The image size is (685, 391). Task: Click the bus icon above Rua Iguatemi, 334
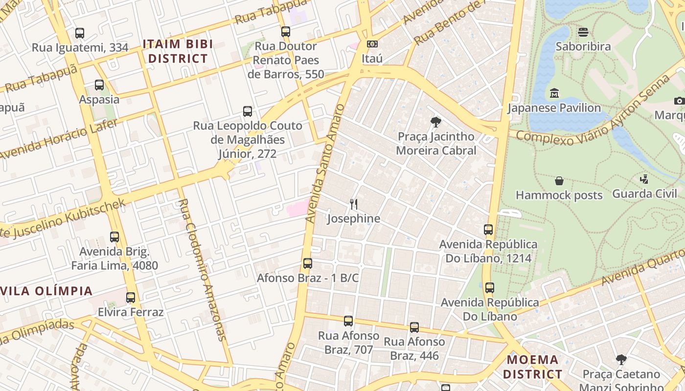[79, 33]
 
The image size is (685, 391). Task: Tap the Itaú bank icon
[372, 44]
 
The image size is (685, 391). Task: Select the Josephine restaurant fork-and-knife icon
[354, 204]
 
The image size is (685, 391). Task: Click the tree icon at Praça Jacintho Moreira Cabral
[435, 122]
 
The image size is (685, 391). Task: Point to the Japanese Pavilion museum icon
[554, 93]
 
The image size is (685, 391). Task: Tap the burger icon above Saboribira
[583, 32]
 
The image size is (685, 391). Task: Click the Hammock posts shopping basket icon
[559, 181]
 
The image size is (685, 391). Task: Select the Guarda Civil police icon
[644, 179]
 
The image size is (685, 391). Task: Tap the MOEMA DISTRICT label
[533, 367]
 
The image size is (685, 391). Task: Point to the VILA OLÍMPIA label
[46, 291]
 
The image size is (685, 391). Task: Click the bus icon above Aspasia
[99, 85]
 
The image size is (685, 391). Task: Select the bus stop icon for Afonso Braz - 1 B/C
[308, 263]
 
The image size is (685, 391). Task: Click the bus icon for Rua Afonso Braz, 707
[348, 321]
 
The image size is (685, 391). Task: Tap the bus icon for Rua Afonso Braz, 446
[414, 327]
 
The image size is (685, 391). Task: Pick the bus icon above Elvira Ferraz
[131, 298]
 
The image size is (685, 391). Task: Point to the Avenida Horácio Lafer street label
[59, 139]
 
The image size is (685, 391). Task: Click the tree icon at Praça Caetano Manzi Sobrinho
[621, 360]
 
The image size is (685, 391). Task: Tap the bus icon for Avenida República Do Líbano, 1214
[488, 230]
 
